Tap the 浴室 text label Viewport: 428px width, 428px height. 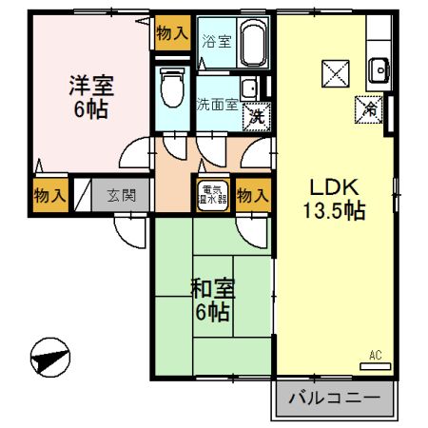[217, 41]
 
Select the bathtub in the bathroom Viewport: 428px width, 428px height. [253, 42]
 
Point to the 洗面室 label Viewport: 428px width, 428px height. [218, 103]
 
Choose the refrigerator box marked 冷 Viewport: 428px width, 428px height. [369, 109]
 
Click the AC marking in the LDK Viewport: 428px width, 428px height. [375, 356]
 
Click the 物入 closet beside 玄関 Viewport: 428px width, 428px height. [49, 196]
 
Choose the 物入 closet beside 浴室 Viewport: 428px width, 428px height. [171, 34]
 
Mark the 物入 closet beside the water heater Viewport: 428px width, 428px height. [252, 196]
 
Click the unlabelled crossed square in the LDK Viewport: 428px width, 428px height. [335, 72]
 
